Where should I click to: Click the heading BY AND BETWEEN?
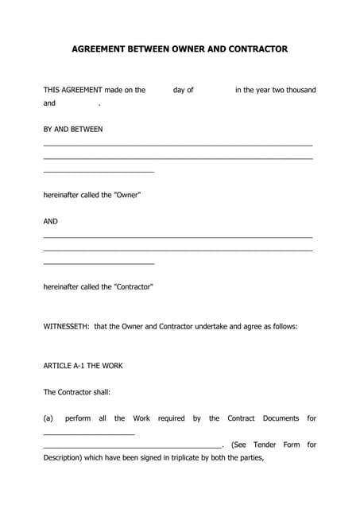(73, 129)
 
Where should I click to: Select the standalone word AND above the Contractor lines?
(51, 221)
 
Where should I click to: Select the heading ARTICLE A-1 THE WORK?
(83, 366)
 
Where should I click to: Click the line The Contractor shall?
(77, 392)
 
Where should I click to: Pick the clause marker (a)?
(48, 418)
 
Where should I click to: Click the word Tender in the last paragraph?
(265, 445)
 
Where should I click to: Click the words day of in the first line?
(184, 90)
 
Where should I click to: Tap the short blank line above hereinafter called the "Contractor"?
(99, 264)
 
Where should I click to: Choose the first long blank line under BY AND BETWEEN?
(178, 146)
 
